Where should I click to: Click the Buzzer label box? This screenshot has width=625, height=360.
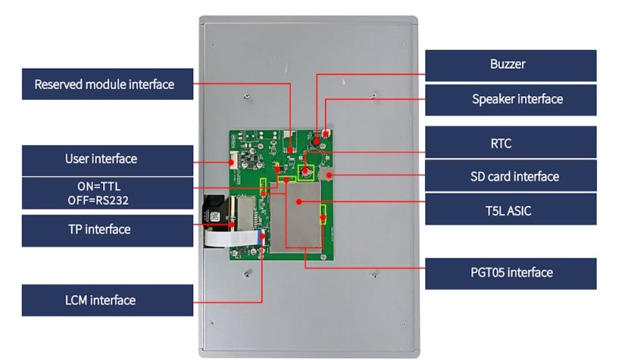[x=510, y=65]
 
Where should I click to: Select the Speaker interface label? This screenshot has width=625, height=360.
[x=510, y=99]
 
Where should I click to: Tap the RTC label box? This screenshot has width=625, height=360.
[x=510, y=142]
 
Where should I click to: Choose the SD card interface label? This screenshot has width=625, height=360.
[x=510, y=176]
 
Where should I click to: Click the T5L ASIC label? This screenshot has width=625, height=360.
[x=510, y=210]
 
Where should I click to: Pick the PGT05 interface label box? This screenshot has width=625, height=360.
[x=510, y=273]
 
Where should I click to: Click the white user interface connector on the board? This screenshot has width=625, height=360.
[x=233, y=162]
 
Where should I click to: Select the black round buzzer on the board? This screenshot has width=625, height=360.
[x=316, y=141]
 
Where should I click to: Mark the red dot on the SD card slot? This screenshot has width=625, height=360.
[x=330, y=176]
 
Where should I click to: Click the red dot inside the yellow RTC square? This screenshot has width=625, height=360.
[x=305, y=169]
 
